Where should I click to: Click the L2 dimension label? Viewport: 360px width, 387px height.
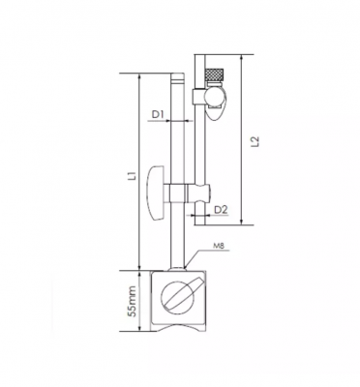point(255,141)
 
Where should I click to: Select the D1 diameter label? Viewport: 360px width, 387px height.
point(159,114)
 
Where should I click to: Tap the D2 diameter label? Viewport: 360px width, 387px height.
point(221,210)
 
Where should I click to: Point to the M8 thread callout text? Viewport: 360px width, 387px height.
point(219,246)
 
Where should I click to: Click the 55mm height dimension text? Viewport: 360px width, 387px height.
point(133,301)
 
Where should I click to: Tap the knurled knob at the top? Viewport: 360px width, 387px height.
point(214,75)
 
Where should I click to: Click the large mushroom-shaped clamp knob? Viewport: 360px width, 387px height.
point(156,193)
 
